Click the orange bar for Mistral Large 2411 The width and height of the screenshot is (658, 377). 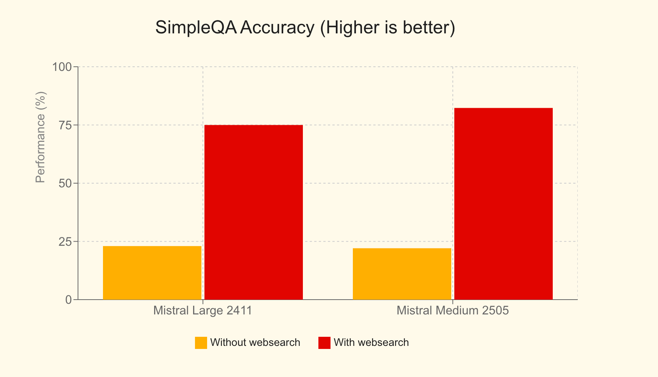point(152,273)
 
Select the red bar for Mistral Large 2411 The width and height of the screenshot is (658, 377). point(254,212)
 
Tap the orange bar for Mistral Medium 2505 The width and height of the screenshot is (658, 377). point(402,274)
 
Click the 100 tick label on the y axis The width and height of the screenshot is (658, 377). point(62,67)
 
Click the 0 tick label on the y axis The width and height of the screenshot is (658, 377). point(68,300)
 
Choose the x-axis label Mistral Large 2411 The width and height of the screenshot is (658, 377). point(203,311)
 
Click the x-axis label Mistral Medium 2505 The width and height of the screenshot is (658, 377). point(453,311)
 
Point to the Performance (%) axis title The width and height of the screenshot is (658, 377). point(40,137)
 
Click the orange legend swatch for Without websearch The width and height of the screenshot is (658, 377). point(201,343)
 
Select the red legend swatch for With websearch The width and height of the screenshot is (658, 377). point(324,343)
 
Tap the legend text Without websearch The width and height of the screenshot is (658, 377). point(255,342)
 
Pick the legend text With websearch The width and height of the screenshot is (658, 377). point(371,342)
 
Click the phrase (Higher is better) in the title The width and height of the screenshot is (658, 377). point(387,28)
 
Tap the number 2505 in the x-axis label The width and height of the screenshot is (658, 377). point(496,311)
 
